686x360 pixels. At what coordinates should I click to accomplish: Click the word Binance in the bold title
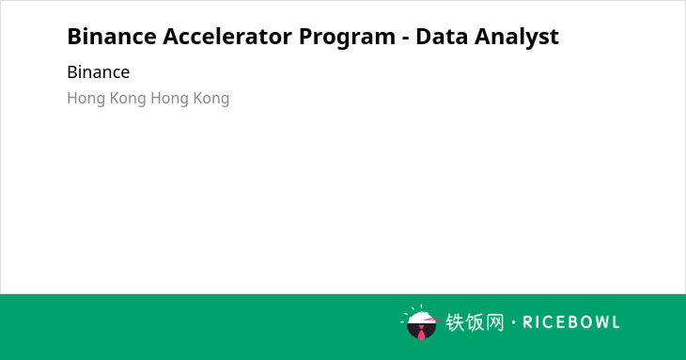(x=112, y=37)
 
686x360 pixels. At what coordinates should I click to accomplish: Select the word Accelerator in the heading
(x=227, y=37)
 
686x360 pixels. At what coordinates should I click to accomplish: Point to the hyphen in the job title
(x=405, y=39)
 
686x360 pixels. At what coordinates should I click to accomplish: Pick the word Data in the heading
(x=442, y=37)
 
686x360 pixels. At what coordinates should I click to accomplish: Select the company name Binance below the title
(x=99, y=72)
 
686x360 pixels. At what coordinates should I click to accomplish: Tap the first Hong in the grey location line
(x=86, y=99)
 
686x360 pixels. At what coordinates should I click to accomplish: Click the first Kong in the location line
(x=128, y=99)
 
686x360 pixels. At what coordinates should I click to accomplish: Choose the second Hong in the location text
(x=170, y=99)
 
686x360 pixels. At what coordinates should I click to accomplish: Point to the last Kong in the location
(x=211, y=99)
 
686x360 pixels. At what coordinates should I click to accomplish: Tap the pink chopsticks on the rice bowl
(x=432, y=320)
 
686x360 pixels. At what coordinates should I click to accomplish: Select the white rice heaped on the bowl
(x=420, y=318)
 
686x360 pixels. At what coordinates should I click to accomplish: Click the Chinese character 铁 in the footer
(x=455, y=322)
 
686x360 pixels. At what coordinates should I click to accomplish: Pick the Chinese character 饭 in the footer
(x=475, y=322)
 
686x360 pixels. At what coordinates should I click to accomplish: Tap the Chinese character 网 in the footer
(x=494, y=322)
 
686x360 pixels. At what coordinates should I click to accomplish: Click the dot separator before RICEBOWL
(x=514, y=322)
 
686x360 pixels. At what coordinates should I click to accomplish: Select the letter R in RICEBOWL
(x=527, y=322)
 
